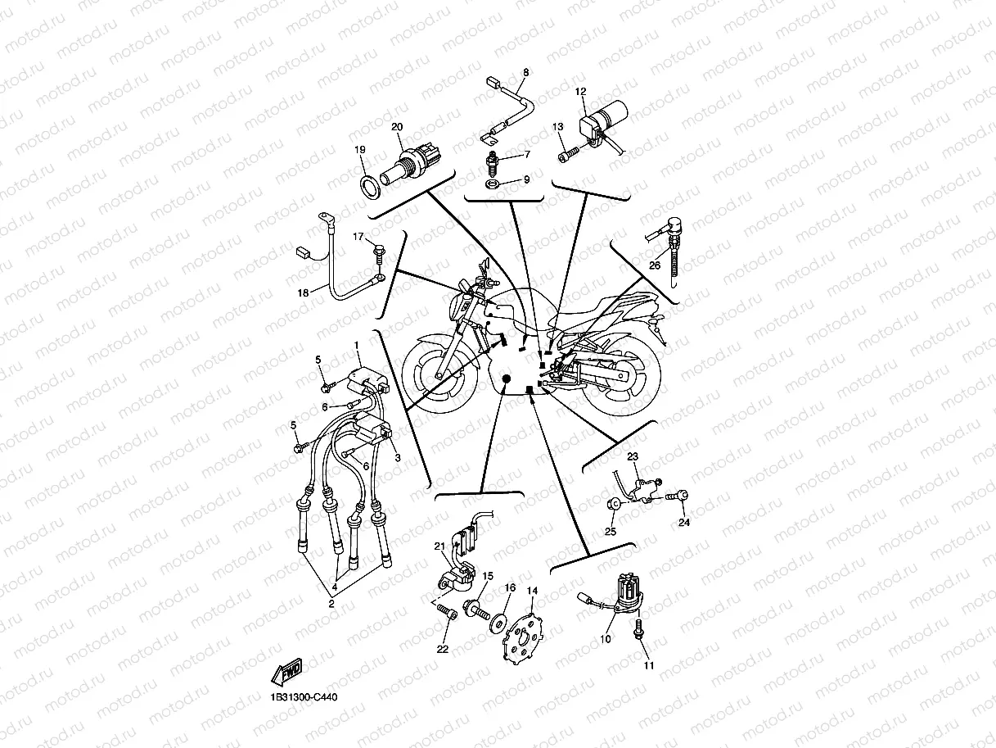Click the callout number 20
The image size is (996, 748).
tap(397, 127)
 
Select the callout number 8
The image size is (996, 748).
tap(525, 72)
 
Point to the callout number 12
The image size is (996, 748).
tap(580, 92)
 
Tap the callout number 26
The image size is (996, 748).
tap(655, 265)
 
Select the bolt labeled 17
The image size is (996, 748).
tap(380, 252)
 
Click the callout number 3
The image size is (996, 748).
tap(398, 458)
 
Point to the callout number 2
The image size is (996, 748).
tap(331, 604)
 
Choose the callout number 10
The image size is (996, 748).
tap(606, 638)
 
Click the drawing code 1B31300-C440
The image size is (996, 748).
tap(303, 698)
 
